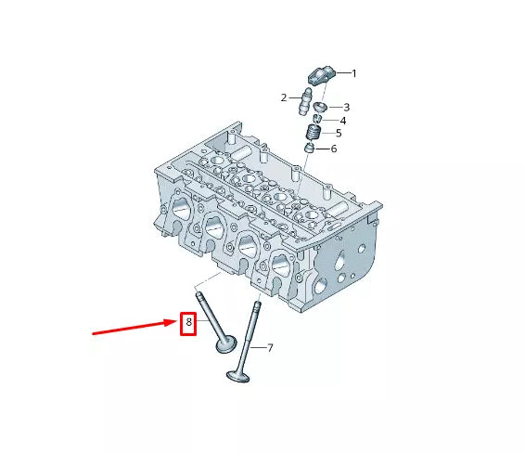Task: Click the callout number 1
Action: (x=353, y=73)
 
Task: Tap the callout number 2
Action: (x=284, y=97)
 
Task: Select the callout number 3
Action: (x=347, y=108)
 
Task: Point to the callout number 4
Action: (x=343, y=121)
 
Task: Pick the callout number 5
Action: (x=339, y=134)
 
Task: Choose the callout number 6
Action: (x=334, y=149)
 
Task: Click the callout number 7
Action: (x=270, y=348)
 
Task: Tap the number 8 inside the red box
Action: (x=188, y=322)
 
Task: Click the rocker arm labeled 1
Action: (x=322, y=76)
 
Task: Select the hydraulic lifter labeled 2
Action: (x=304, y=102)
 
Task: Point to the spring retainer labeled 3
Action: (x=321, y=108)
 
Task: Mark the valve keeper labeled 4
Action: (x=317, y=119)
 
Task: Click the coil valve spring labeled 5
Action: (x=314, y=133)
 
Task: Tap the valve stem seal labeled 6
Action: (x=310, y=148)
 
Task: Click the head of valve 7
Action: (x=238, y=376)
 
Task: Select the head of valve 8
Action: (x=226, y=344)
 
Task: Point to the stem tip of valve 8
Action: (x=198, y=294)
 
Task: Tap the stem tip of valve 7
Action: (x=258, y=304)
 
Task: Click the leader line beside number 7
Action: (x=259, y=347)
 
